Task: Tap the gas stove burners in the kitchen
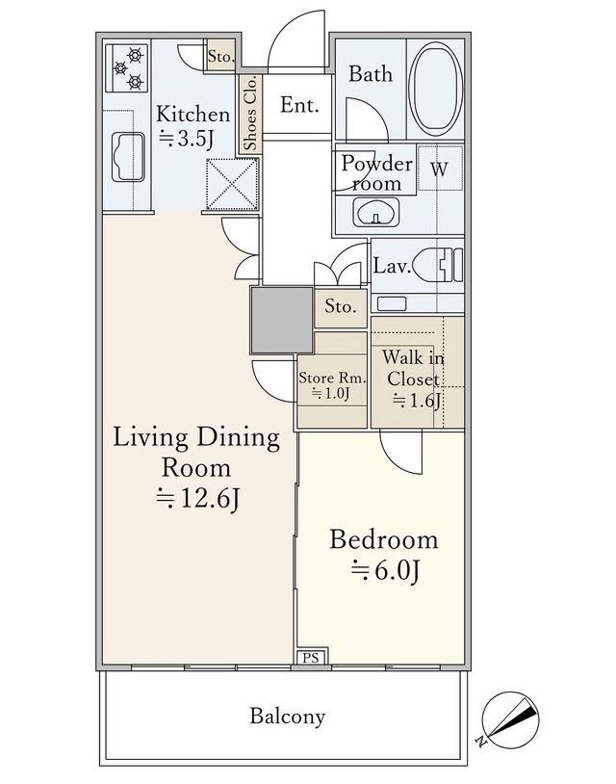(x=127, y=68)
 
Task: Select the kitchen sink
(x=128, y=156)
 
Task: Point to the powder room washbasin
(x=375, y=213)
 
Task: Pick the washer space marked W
(x=439, y=169)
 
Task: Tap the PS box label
(x=311, y=658)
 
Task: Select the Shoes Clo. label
(x=250, y=113)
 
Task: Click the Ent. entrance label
(x=299, y=104)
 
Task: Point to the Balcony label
(x=288, y=717)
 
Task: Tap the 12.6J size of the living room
(x=198, y=498)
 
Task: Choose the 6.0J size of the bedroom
(x=385, y=570)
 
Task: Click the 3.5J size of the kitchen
(x=187, y=139)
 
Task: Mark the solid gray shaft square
(x=282, y=321)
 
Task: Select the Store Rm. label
(x=332, y=378)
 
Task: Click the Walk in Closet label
(x=413, y=368)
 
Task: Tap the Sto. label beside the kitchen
(x=221, y=56)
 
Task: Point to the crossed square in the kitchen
(x=232, y=184)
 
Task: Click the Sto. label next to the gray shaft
(x=341, y=306)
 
